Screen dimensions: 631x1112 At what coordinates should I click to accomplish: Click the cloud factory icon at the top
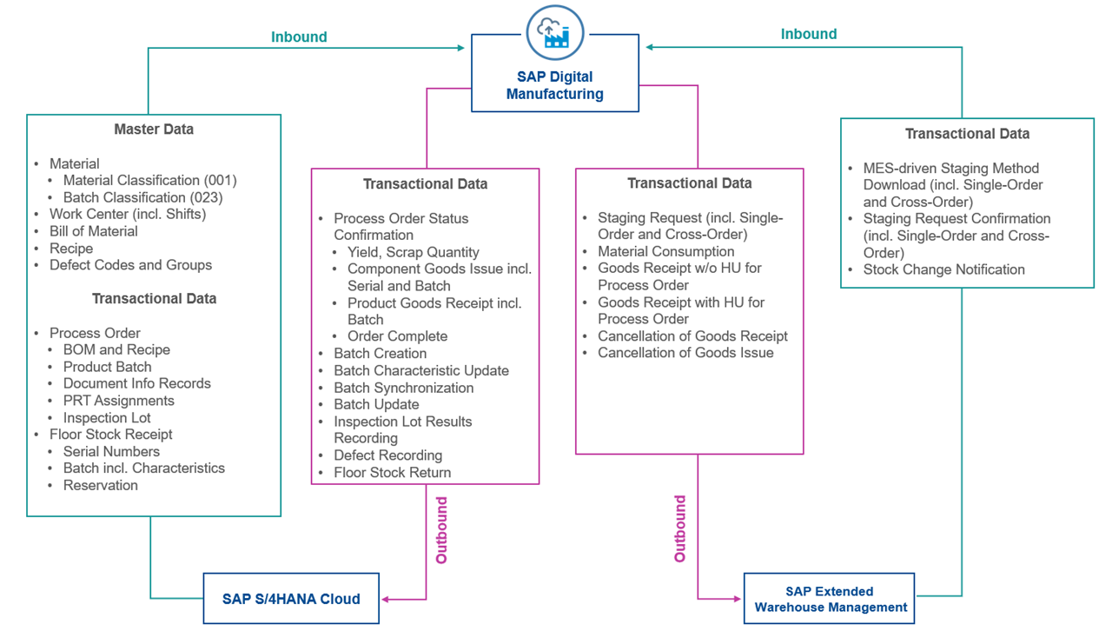[x=554, y=31]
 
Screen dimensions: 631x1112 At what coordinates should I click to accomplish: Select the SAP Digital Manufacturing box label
[x=554, y=85]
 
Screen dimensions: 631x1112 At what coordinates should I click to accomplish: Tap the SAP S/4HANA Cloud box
[x=291, y=598]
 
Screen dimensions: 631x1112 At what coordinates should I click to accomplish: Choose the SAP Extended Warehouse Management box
[x=830, y=599]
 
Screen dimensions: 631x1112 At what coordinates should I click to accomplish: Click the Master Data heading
[x=154, y=130]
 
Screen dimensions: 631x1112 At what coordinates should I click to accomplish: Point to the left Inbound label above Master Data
[x=299, y=37]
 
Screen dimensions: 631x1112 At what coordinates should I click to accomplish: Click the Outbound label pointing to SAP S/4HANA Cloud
[x=441, y=530]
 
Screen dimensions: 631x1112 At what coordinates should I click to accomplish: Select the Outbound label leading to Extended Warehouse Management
[x=680, y=528]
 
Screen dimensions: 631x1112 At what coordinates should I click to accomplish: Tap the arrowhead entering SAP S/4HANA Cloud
[x=385, y=599]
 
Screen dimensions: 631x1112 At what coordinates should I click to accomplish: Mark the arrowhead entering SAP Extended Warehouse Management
[x=738, y=599]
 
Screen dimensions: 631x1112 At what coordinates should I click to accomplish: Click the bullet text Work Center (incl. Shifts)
[x=128, y=214]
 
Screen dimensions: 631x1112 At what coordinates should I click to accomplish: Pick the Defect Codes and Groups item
[x=130, y=265]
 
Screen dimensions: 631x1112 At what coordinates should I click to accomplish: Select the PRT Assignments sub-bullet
[x=118, y=401]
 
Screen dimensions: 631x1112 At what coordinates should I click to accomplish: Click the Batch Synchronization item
[x=404, y=388]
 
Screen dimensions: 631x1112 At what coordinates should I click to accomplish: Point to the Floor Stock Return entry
[x=393, y=473]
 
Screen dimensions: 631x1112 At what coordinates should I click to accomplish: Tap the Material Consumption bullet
[x=665, y=251]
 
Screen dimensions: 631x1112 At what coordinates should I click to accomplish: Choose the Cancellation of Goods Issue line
[x=685, y=353]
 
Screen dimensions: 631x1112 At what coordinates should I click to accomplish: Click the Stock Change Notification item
[x=943, y=269]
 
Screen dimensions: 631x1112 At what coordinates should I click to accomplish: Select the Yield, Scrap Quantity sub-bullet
[x=414, y=252]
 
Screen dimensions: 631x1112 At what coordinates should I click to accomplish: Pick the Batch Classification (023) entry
[x=142, y=197]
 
